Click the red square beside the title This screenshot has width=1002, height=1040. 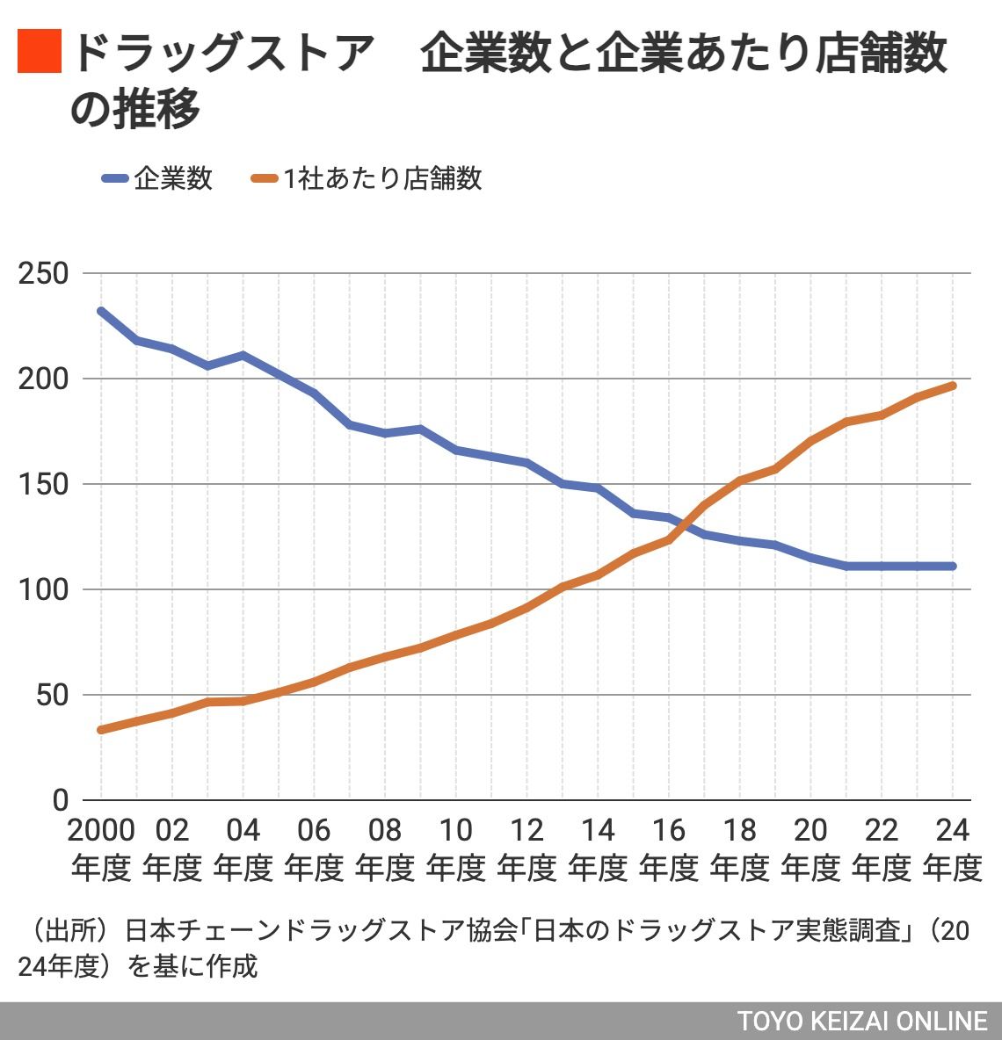coord(40,51)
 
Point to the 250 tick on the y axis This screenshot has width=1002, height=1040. coord(43,273)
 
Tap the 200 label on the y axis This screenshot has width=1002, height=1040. coord(43,379)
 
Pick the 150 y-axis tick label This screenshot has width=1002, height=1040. coord(43,484)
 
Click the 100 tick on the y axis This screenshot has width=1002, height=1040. coord(43,589)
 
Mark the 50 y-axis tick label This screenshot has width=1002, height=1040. coord(51,695)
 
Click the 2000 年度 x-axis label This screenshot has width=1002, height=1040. coord(101,849)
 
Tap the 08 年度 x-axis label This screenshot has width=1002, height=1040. coord(385,849)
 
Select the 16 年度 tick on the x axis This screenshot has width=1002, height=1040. coord(669,849)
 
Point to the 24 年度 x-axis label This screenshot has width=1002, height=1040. coord(952,849)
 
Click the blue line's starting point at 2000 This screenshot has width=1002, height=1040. coord(101,311)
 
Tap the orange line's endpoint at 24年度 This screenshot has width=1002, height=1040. coord(953,386)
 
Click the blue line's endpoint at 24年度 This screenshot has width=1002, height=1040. coord(953,567)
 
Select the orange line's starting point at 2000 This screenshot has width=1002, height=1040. coord(101,730)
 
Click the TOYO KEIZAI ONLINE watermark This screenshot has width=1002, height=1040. coord(862,1022)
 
